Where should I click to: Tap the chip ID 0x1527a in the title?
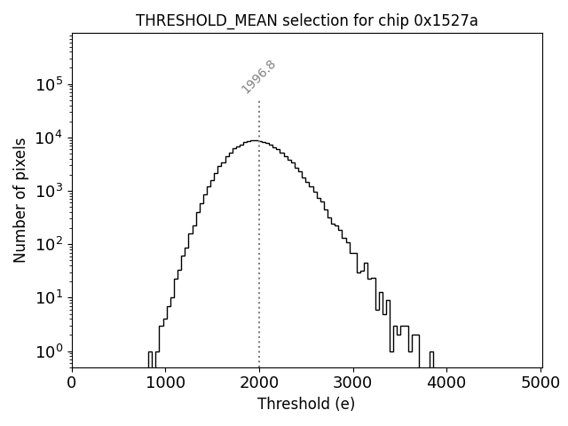(x=446, y=21)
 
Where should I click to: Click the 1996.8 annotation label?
(x=258, y=76)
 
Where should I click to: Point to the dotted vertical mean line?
(x=259, y=248)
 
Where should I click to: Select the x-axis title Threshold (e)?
(x=306, y=404)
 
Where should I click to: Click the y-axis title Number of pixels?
(x=20, y=200)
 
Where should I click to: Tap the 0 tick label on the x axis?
(x=72, y=383)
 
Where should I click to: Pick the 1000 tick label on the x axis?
(x=166, y=383)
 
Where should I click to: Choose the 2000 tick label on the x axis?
(x=259, y=383)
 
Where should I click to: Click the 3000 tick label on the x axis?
(x=353, y=383)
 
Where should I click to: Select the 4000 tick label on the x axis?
(x=447, y=383)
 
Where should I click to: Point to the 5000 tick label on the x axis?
(x=540, y=383)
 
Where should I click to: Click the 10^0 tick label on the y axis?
(x=49, y=351)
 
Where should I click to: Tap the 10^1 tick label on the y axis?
(x=49, y=297)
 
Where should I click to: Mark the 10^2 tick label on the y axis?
(x=49, y=244)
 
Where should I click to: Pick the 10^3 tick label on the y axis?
(x=49, y=191)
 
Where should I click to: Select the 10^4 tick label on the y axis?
(x=49, y=138)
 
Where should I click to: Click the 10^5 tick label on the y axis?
(x=49, y=84)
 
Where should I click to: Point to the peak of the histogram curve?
(x=255, y=140)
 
